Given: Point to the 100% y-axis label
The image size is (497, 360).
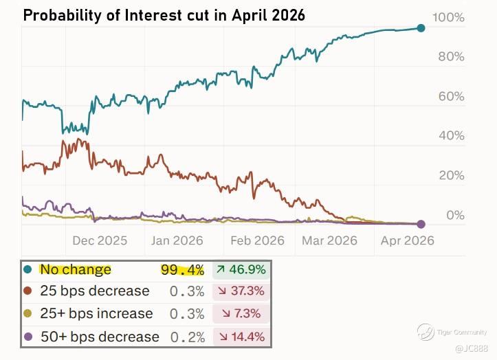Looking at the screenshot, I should click(448, 16).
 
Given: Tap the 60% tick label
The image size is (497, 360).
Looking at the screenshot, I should click(452, 96).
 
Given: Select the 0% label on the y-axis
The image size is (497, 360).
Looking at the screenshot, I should click(456, 216).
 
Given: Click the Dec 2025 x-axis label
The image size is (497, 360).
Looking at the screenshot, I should click(100, 240).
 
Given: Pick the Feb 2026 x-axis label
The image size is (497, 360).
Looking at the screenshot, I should click(257, 240).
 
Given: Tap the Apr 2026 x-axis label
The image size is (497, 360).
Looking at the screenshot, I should click(408, 240).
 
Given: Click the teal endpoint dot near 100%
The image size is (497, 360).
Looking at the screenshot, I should click(421, 28).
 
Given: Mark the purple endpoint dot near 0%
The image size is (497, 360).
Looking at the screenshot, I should click(421, 224).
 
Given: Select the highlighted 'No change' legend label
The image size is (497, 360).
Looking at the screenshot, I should click(75, 270).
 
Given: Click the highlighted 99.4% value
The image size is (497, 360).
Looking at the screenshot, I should click(182, 270).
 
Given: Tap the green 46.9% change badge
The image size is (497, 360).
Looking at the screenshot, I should click(240, 270).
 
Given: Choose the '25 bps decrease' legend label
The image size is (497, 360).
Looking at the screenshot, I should click(94, 291).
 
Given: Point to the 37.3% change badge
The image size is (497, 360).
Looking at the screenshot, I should click(240, 291).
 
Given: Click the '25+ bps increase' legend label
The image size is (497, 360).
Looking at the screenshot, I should click(96, 314).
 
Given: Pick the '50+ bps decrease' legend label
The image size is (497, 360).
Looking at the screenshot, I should click(100, 337).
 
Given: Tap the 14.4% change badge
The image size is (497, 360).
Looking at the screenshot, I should click(240, 337).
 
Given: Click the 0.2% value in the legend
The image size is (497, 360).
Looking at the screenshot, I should click(187, 337).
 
